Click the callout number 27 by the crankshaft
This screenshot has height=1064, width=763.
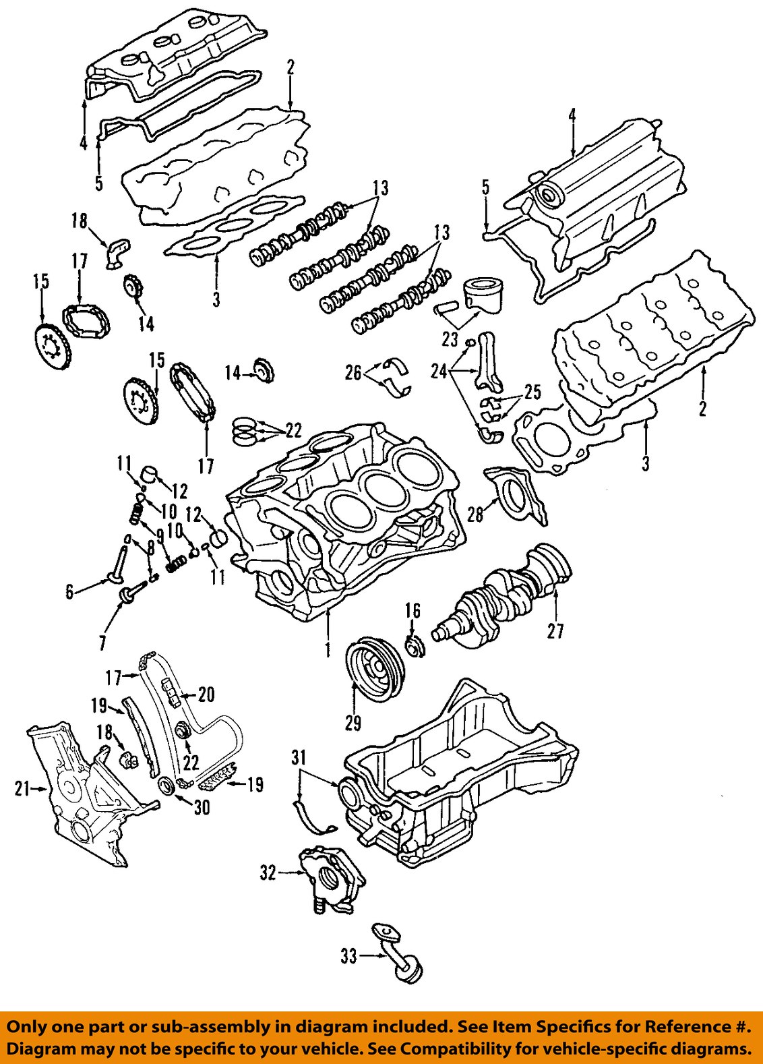[x=555, y=631]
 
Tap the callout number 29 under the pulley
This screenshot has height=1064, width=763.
[x=353, y=723]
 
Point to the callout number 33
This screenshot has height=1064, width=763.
[x=348, y=955]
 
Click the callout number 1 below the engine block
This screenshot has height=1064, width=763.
[x=328, y=649]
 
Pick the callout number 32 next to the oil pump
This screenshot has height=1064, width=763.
[x=268, y=873]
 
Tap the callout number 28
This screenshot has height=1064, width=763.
[x=476, y=514]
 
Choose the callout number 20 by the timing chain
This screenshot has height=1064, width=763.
[x=206, y=694]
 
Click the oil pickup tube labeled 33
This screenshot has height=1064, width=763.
[x=398, y=954]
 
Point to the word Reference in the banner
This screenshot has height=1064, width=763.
[x=688, y=1027]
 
